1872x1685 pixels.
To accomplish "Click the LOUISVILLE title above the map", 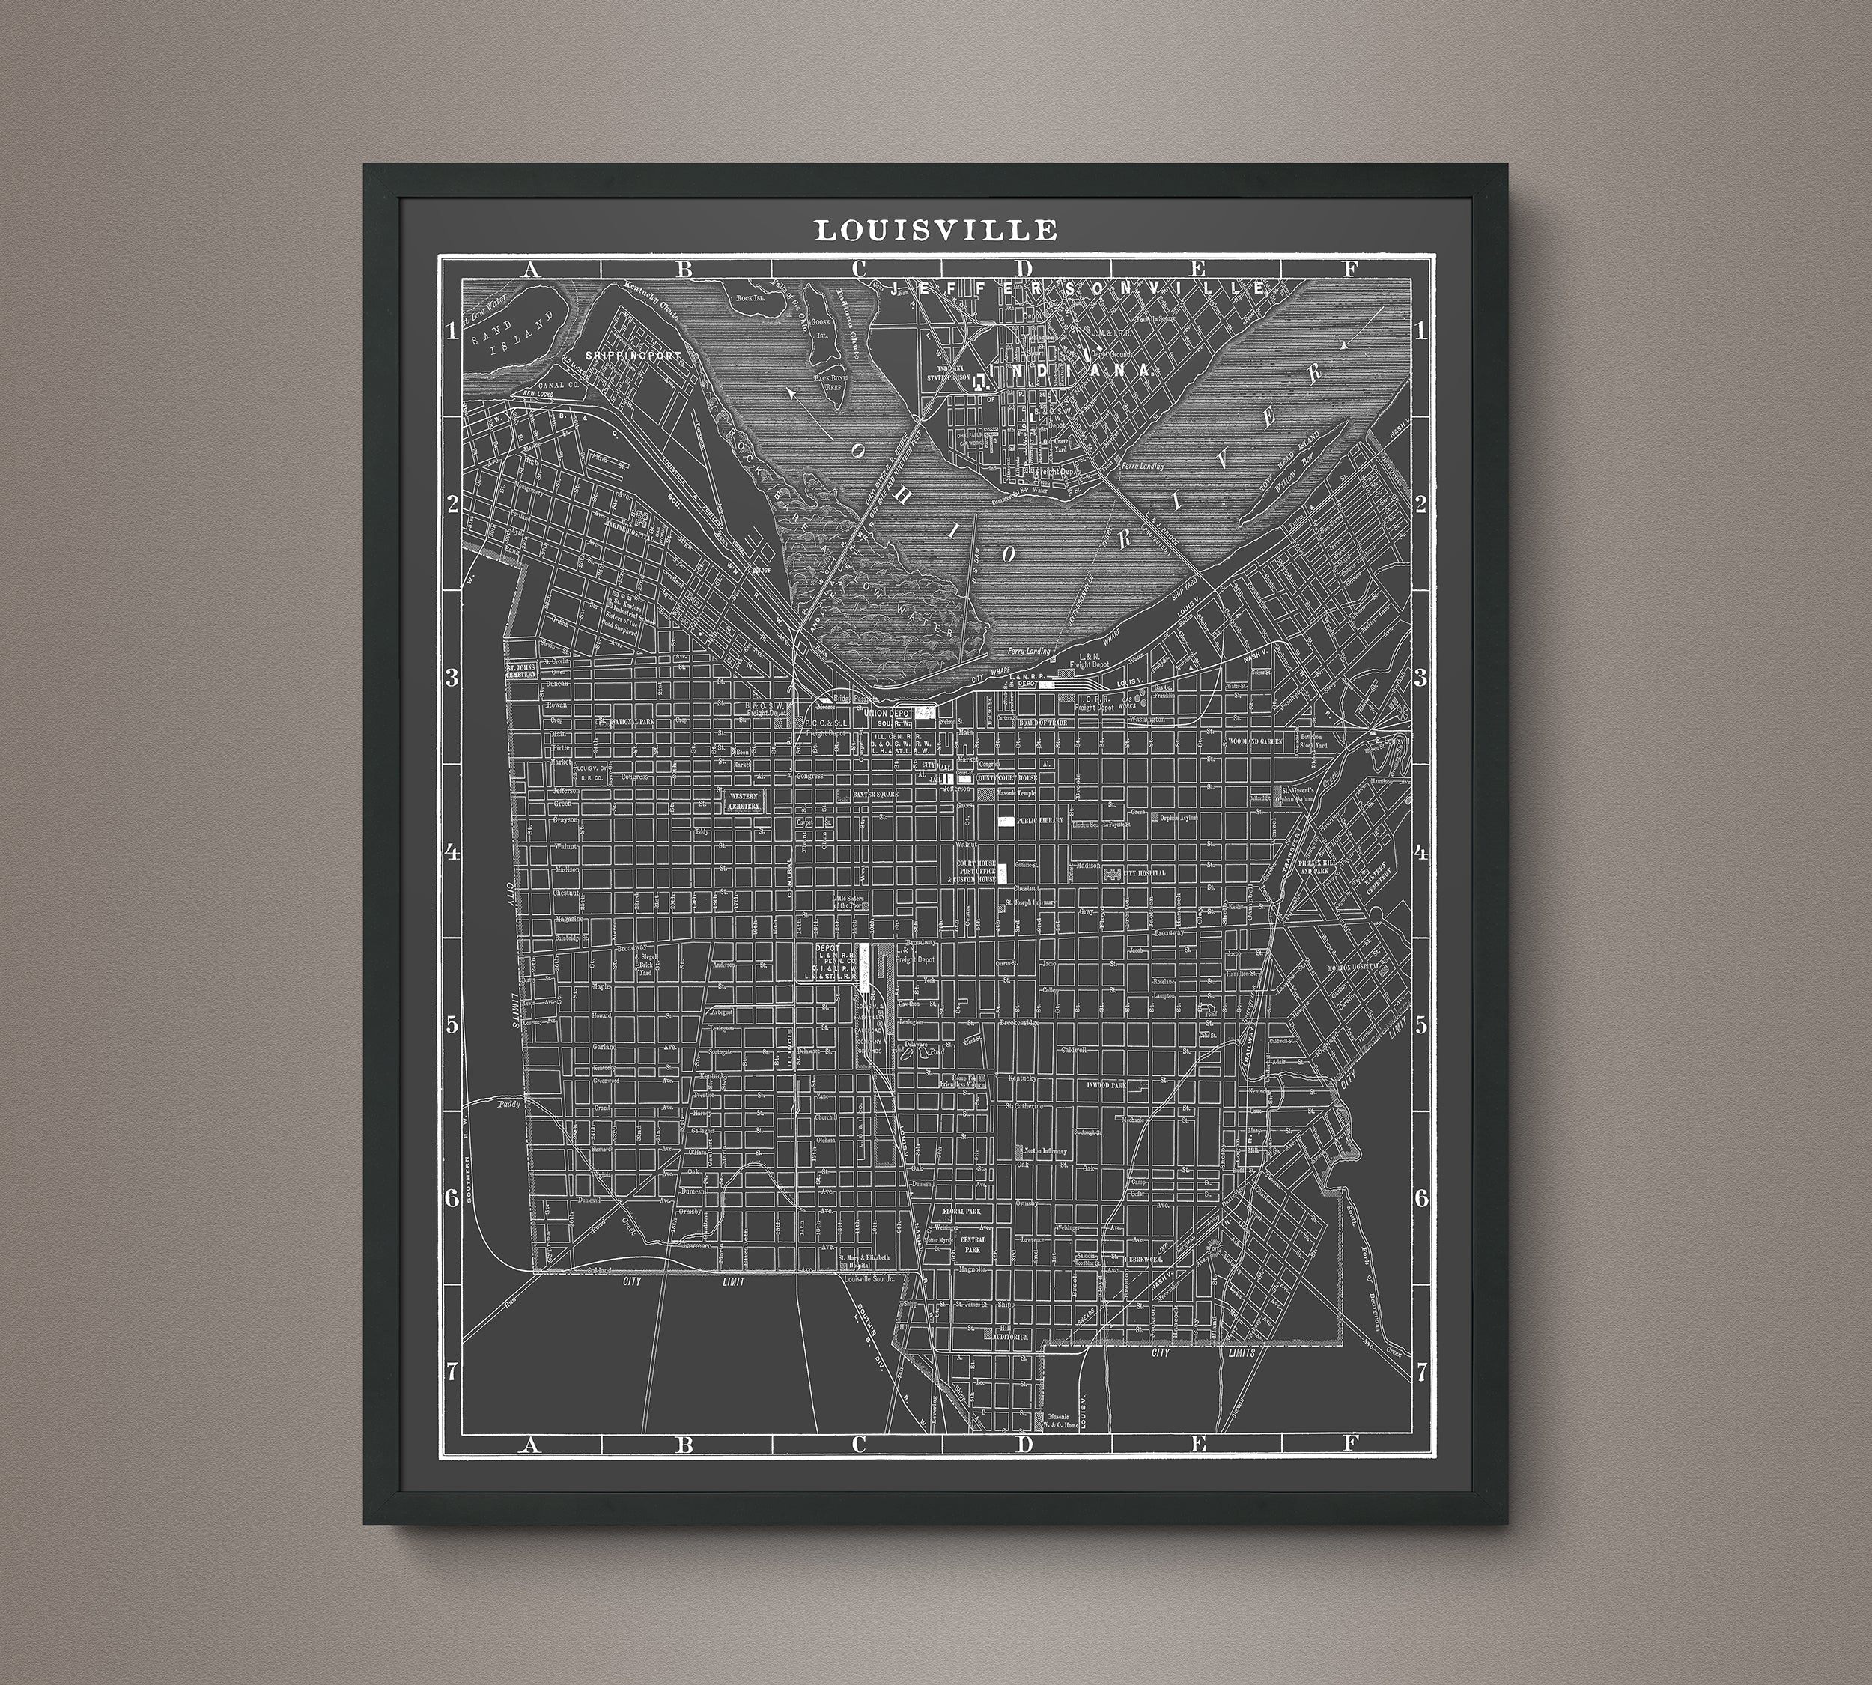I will coord(935,231).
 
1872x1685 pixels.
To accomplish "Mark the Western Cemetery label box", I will coord(744,801).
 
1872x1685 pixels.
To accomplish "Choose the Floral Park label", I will coord(960,1210).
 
